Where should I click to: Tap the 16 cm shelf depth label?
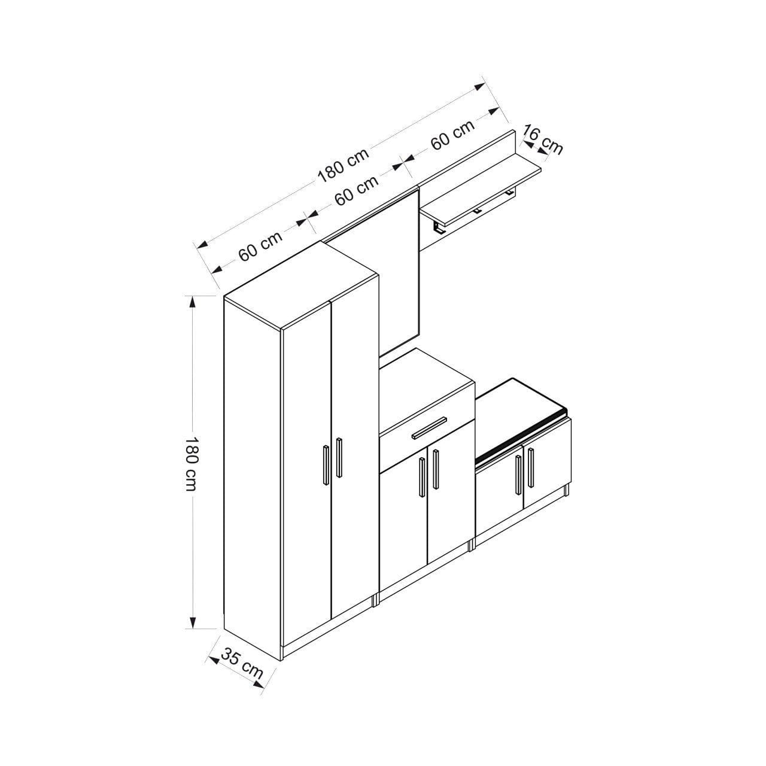[x=543, y=139]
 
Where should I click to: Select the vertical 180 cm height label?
[x=191, y=464]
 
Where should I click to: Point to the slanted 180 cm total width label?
[x=343, y=165]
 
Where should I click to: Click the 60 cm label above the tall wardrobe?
[x=260, y=245]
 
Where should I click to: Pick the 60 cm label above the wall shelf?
[x=452, y=135]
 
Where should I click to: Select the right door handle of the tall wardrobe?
[x=339, y=458]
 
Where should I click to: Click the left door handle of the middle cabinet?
[x=422, y=477]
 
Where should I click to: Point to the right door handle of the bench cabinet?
[x=530, y=467]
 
